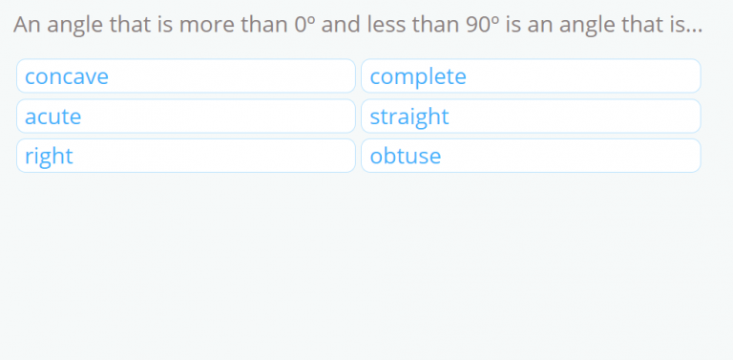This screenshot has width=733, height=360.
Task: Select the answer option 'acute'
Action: (186, 116)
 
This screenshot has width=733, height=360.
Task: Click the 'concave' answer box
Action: (186, 76)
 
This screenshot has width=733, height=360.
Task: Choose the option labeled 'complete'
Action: (531, 76)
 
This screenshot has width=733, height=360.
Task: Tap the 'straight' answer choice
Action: (531, 116)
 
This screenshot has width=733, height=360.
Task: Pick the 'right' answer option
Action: (186, 156)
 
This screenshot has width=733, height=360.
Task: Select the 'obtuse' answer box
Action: (531, 156)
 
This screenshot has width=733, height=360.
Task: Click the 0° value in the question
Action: (304, 26)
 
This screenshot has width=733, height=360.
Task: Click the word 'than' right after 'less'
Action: (435, 26)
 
